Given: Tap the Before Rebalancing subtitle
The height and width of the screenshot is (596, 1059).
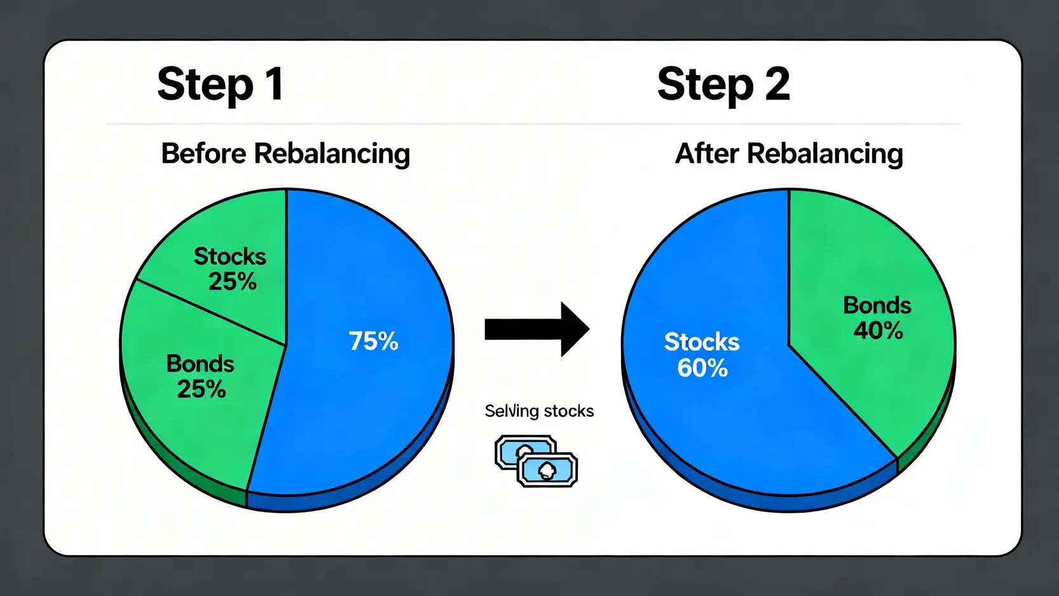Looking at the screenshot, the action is [285, 154].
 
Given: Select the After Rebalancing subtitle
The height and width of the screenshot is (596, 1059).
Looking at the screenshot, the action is [789, 154].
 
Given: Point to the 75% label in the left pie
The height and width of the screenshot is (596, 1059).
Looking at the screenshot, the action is [374, 340].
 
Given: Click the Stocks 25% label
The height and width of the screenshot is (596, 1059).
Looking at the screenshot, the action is [230, 268].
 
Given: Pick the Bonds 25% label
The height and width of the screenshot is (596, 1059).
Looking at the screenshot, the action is [200, 377].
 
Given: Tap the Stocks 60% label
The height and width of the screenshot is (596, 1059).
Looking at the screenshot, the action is [702, 355].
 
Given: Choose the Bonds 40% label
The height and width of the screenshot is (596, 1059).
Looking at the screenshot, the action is [877, 318].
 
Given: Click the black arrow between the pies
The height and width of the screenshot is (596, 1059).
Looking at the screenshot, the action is [537, 329].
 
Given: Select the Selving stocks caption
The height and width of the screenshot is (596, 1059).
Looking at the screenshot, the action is [539, 411].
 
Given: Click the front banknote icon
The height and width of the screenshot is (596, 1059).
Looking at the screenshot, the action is [547, 469].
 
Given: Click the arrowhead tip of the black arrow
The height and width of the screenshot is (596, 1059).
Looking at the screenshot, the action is [589, 329].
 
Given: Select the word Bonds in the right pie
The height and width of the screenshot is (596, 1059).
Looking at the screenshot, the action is [877, 305].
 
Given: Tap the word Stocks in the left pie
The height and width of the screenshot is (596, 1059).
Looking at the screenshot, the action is [230, 256].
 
